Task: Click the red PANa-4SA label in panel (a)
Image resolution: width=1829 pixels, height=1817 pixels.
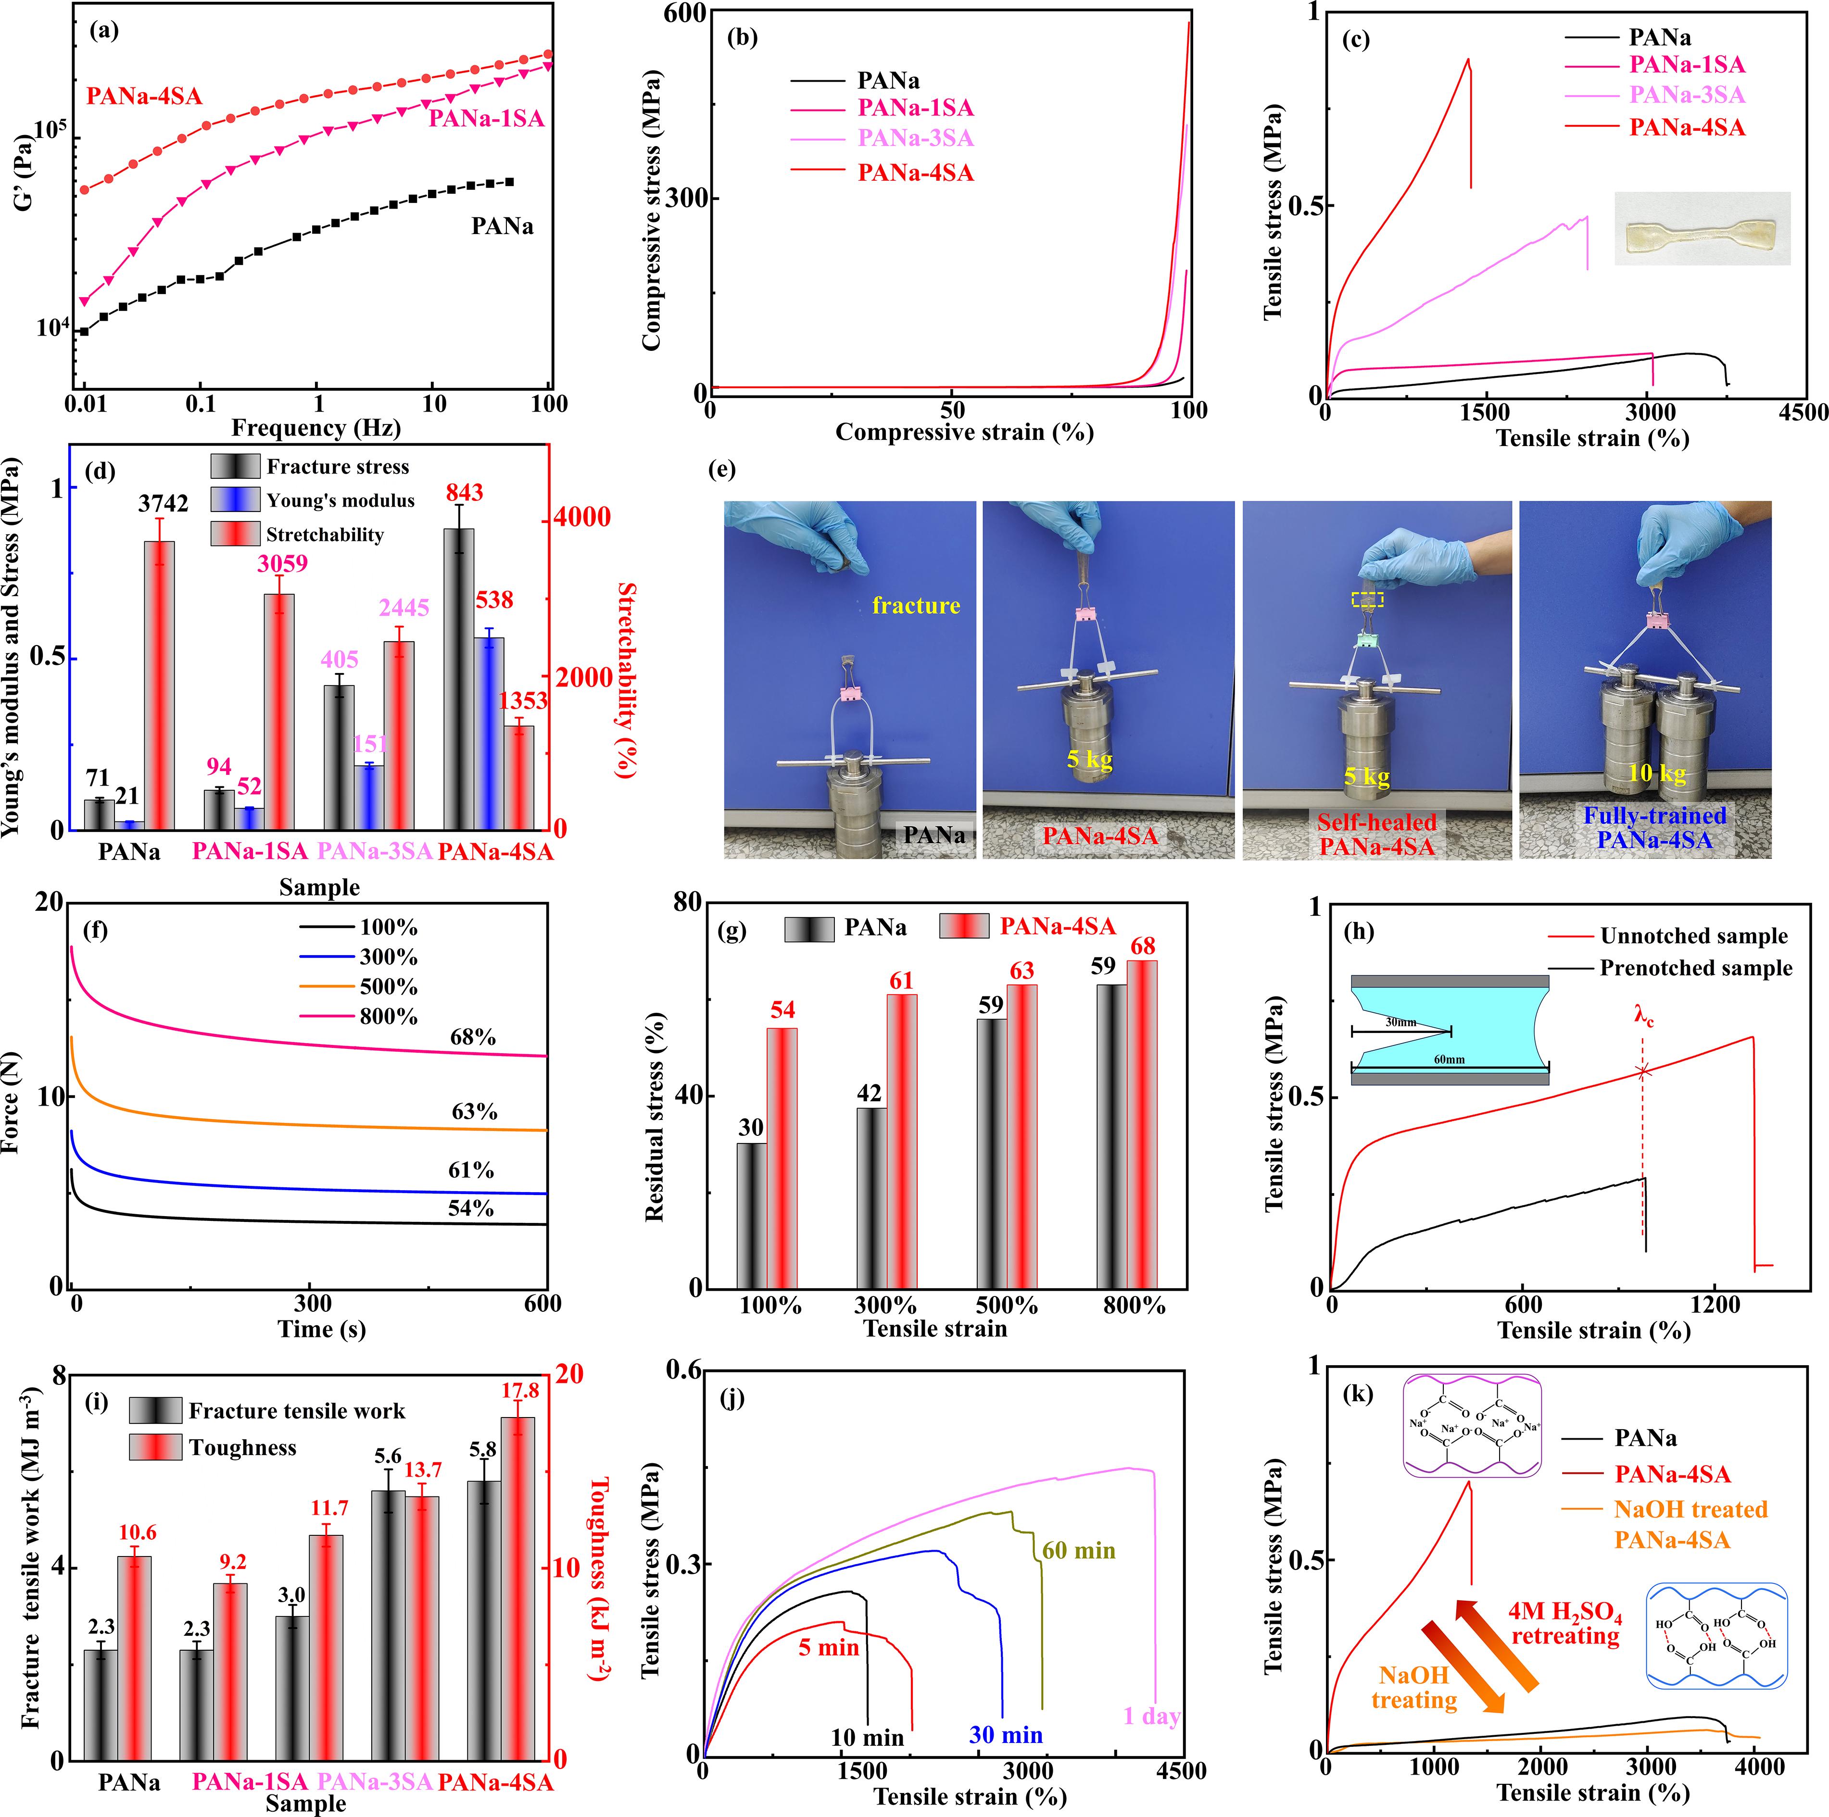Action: click(144, 97)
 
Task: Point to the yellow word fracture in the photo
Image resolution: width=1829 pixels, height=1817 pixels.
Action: click(915, 606)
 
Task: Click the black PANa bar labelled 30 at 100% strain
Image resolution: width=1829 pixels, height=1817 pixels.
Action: click(752, 1214)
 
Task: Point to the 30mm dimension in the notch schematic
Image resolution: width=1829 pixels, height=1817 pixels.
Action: click(1401, 1022)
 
